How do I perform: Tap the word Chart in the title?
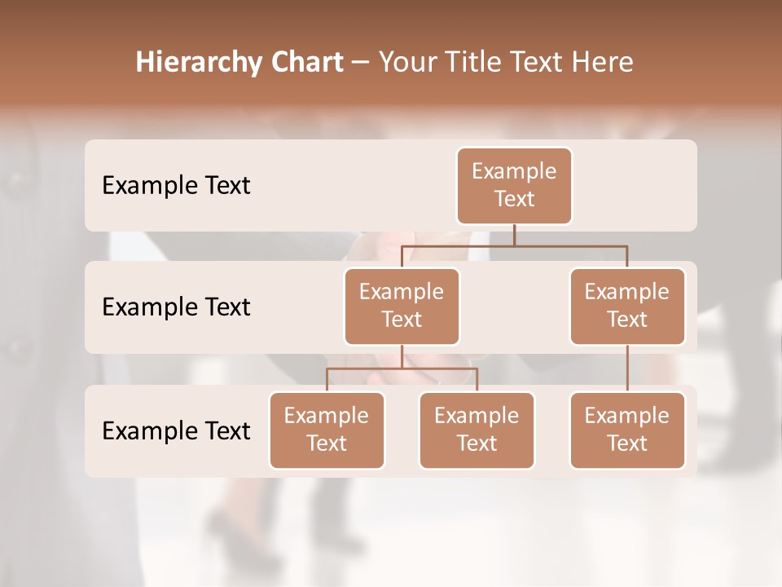point(304,63)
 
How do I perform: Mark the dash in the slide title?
point(361,63)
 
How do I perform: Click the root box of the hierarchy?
point(514,185)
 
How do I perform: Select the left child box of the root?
point(402,306)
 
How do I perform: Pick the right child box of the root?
point(627,306)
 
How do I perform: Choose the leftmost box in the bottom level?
point(327,430)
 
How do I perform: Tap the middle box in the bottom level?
point(477,430)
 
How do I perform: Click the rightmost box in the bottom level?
point(627,430)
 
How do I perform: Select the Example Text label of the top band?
point(176,186)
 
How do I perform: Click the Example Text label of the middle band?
point(176,307)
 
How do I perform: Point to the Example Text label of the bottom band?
point(176,430)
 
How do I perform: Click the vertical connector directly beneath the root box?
point(514,235)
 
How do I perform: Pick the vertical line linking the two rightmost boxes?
point(627,368)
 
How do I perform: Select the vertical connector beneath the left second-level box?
point(402,356)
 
